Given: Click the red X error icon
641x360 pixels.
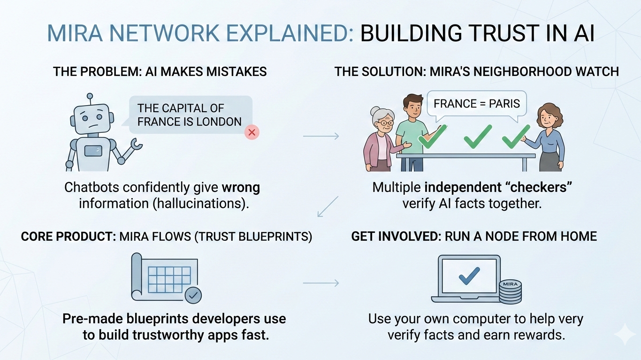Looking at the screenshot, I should (252, 132).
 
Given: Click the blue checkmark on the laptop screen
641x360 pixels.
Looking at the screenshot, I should (469, 276).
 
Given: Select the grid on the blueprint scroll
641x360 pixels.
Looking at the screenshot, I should (169, 280).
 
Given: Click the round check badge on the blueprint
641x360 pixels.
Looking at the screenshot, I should (193, 296).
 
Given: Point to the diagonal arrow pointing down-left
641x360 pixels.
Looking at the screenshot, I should (328, 206).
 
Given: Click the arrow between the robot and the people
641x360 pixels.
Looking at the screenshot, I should (321, 137).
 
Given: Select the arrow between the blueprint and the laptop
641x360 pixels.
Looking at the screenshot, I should (321, 283).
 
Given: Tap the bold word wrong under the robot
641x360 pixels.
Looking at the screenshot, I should (241, 188).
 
